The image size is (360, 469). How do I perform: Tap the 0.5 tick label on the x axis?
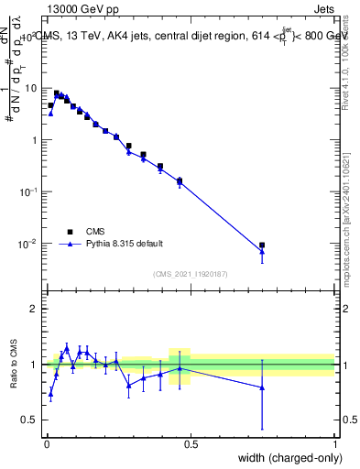click(x=191, y=443)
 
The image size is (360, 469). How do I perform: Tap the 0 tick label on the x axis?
click(x=46, y=443)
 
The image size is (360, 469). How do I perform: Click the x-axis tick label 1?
click(x=335, y=443)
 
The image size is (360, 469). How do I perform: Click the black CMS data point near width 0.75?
click(x=262, y=245)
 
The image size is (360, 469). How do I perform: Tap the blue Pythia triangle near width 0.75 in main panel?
click(x=262, y=251)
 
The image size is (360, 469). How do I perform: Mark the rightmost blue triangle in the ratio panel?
click(x=262, y=387)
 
